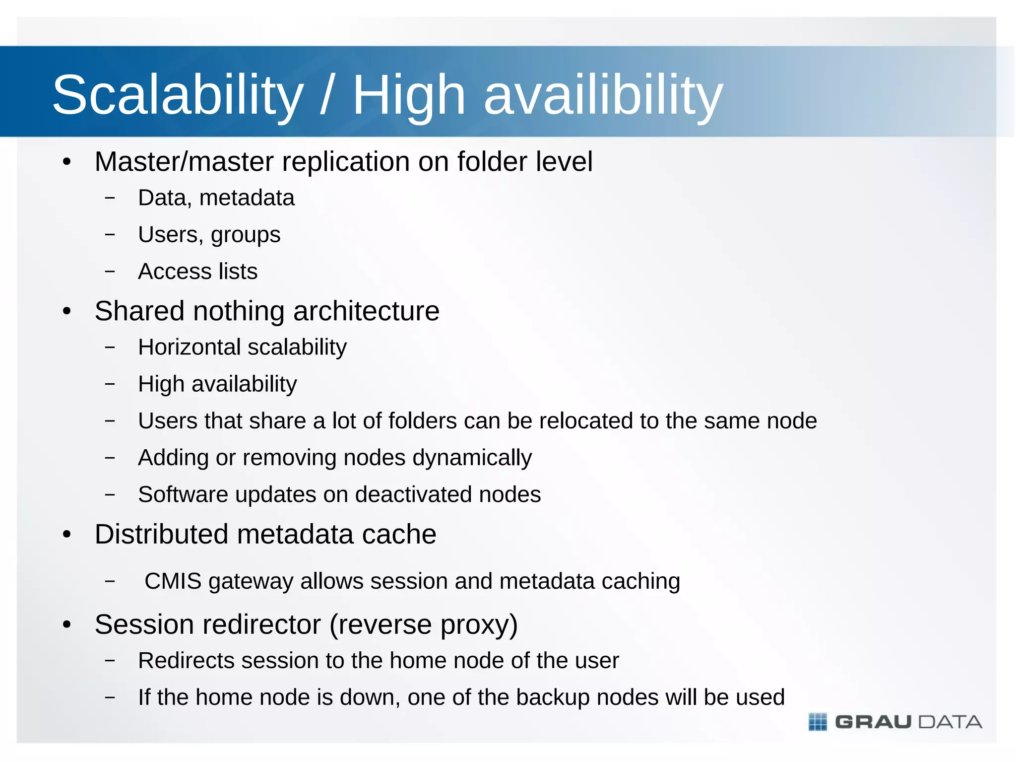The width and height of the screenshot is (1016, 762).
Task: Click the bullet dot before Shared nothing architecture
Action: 67,312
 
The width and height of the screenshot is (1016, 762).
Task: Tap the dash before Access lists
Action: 110,271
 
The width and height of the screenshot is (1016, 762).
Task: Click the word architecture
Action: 366,312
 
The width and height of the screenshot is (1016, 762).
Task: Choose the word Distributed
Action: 162,535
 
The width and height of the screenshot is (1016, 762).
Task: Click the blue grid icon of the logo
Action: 818,722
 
